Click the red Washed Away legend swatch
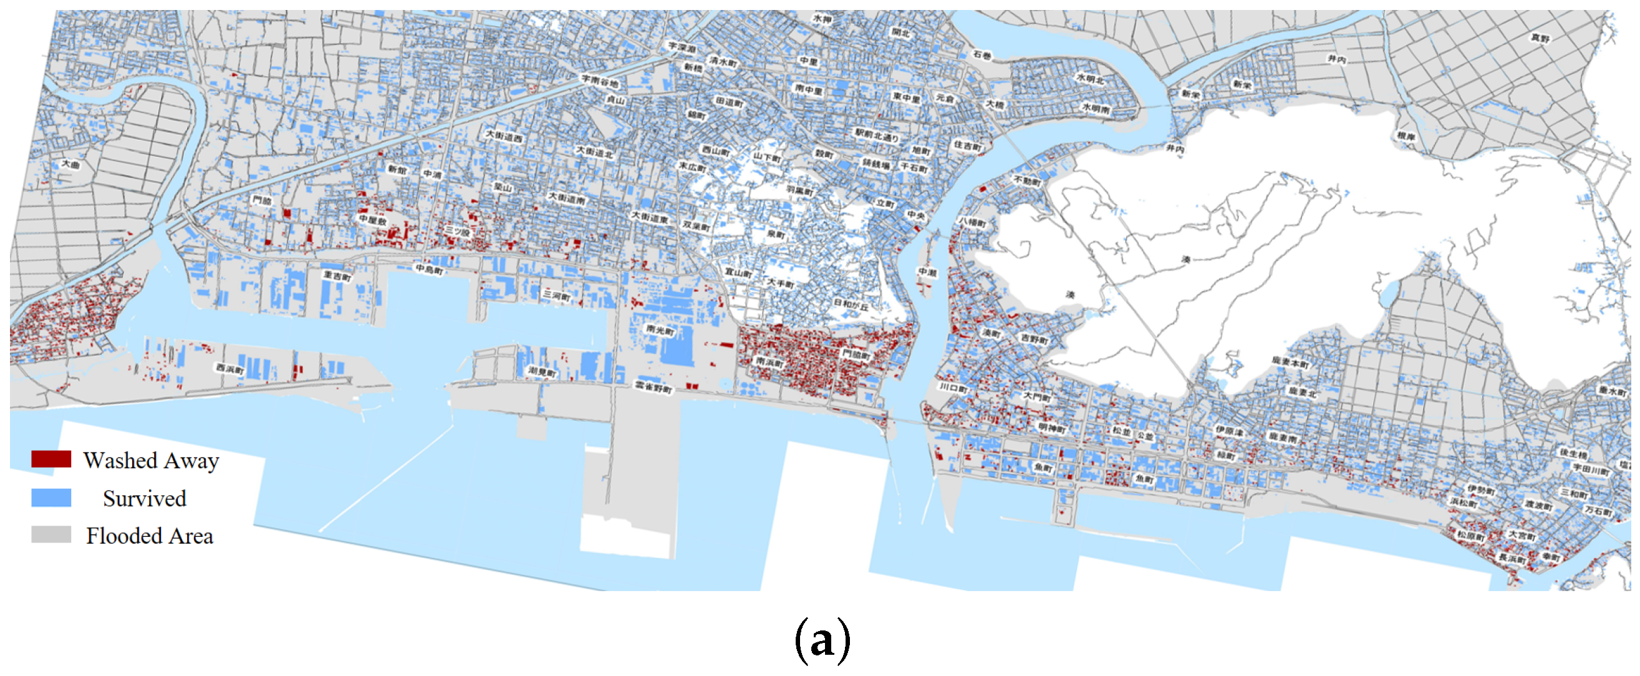[51, 459]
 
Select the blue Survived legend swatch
[51, 497]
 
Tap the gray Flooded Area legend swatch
[51, 534]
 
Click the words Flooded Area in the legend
[150, 536]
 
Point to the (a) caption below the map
[822, 639]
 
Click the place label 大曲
[70, 164]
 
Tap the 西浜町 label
[230, 369]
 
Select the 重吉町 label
[337, 276]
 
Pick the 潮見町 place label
[542, 371]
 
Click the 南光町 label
[660, 330]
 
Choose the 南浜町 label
[769, 361]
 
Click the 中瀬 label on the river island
[927, 273]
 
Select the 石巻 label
[982, 56]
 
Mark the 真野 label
[1540, 38]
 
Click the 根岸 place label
[1406, 136]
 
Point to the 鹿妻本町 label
[1290, 362]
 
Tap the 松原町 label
[1470, 536]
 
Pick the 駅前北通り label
[876, 134]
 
